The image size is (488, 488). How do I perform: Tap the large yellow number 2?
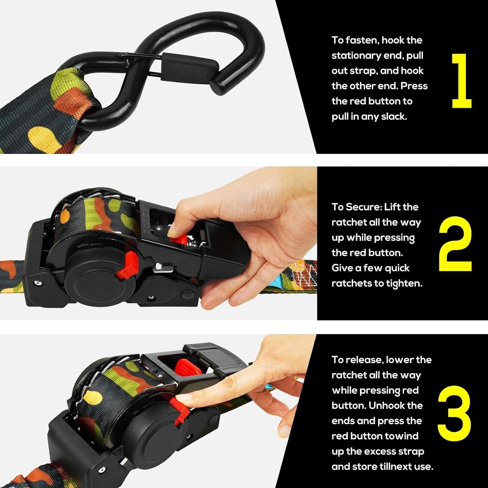click(x=455, y=244)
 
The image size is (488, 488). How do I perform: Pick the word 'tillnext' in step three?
click(x=397, y=467)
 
